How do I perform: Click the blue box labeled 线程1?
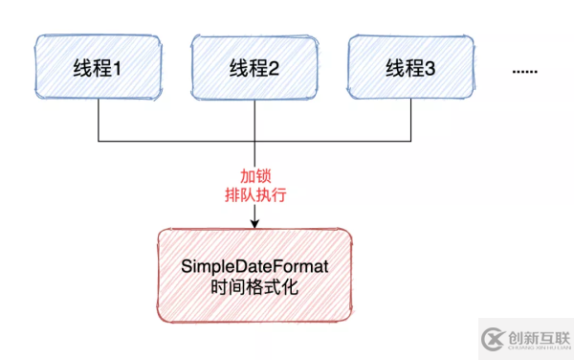pos(99,68)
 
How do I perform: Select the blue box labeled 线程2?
pos(254,68)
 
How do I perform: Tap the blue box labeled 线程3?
pos(409,68)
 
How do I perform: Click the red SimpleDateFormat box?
pos(254,274)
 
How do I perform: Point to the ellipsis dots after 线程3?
pos(525,71)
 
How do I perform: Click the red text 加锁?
pos(254,177)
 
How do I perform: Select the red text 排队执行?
pos(254,195)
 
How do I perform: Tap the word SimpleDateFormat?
pos(254,264)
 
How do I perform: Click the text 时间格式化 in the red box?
pos(254,285)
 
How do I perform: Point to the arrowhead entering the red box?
pos(254,224)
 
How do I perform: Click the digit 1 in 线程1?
pos(120,69)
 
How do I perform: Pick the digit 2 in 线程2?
pos(275,69)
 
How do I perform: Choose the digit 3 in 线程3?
pos(430,69)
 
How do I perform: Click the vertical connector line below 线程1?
pos(99,120)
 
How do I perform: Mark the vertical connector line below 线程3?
pos(409,120)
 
